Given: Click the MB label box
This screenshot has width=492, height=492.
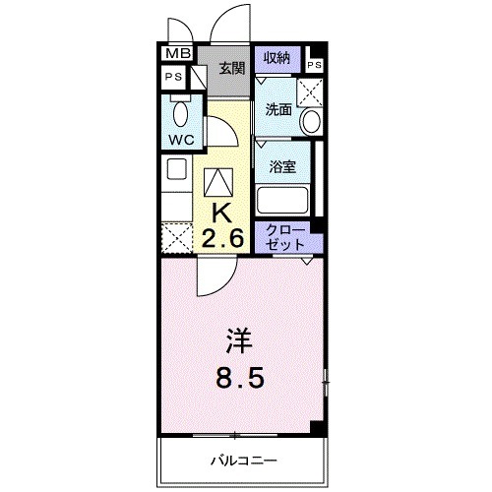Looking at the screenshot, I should [x=176, y=54].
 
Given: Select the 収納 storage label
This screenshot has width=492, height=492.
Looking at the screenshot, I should [x=277, y=57].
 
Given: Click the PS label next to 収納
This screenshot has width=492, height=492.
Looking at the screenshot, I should [x=314, y=65].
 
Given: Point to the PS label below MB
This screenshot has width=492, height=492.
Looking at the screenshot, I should [x=173, y=77].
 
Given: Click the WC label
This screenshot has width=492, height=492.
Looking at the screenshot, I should [x=180, y=139].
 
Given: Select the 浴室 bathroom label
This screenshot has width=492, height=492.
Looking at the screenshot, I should [x=283, y=166].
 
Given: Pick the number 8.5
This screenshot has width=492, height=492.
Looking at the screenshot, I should [x=240, y=379].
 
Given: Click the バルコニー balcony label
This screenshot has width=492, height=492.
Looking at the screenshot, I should [x=243, y=461].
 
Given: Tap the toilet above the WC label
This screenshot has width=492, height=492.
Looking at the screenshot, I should [x=180, y=106].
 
